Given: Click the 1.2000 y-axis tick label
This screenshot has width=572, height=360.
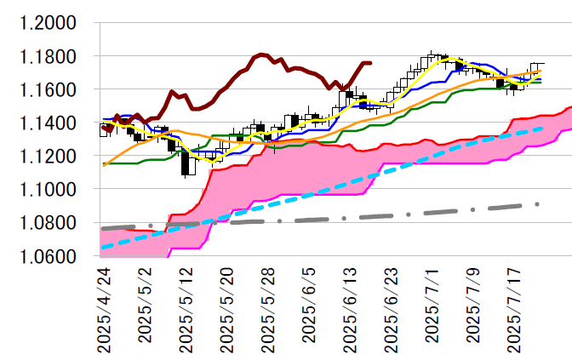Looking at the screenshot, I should click(49, 23).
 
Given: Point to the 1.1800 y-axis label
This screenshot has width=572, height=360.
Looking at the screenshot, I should click(49, 56).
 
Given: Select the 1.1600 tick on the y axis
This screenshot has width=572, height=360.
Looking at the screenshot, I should click(49, 89).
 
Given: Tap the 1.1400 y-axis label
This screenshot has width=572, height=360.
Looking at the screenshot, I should click(49, 123).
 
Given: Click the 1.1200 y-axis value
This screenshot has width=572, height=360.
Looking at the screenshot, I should click(49, 156).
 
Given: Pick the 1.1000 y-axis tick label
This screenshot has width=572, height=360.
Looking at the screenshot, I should click(49, 189).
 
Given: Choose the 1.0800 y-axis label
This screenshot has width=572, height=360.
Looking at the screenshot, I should click(49, 222).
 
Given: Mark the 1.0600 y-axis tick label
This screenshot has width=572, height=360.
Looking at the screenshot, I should click(49, 255).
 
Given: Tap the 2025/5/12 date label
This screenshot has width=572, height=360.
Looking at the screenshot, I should click(186, 307).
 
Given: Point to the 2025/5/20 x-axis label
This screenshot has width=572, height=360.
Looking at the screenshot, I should click(227, 307).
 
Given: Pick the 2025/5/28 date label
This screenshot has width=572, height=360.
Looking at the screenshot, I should click(268, 307).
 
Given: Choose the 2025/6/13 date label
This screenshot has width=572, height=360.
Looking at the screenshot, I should click(351, 307).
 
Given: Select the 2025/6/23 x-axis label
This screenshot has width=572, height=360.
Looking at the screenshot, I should click(392, 307).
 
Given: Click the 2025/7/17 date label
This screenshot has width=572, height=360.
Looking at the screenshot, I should click(515, 307).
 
